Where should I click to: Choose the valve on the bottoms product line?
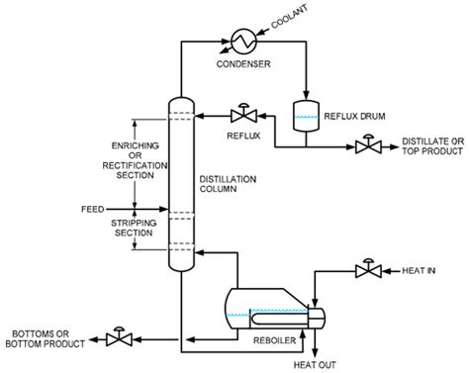tap(119, 335)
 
